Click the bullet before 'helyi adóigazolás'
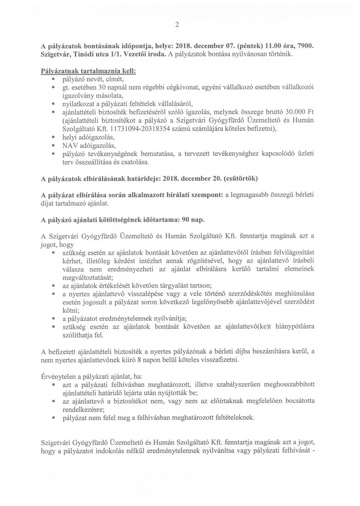(x=54, y=137)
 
